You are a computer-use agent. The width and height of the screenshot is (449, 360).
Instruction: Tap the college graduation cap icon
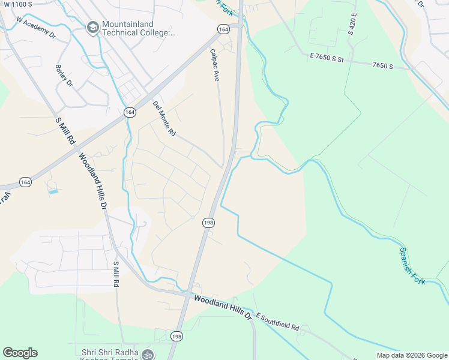click(93, 28)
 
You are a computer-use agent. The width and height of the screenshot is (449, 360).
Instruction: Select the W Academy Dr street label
click(36, 28)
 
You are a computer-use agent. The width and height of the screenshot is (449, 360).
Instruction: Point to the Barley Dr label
click(63, 75)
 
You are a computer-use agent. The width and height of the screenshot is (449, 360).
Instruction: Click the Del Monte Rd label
click(164, 118)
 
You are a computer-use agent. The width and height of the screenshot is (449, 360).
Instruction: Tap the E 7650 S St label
click(327, 58)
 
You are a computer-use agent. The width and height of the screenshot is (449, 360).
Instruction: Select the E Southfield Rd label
click(277, 322)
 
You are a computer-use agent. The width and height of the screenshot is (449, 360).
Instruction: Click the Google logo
click(20, 353)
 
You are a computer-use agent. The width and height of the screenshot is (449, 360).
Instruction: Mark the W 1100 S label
click(17, 4)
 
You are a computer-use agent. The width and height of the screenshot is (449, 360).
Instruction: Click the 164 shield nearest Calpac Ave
click(223, 29)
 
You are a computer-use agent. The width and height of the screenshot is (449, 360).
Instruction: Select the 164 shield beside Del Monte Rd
click(130, 112)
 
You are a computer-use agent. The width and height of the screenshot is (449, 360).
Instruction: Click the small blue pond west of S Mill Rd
click(53, 191)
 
